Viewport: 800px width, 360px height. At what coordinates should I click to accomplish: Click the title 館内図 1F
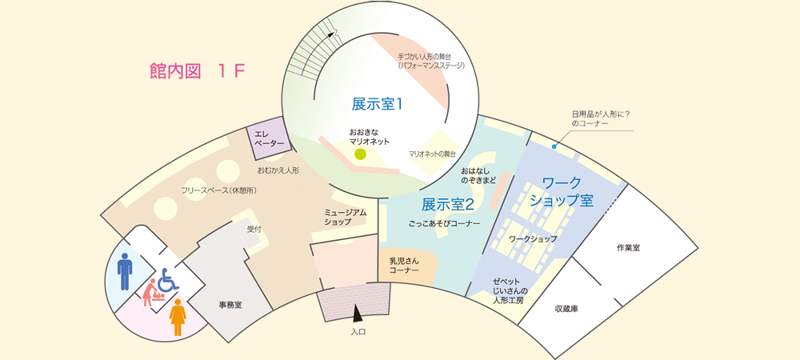[x=197, y=71]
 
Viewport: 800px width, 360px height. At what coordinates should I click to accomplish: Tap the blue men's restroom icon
[x=125, y=271]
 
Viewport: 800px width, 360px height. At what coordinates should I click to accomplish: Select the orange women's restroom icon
[x=178, y=318]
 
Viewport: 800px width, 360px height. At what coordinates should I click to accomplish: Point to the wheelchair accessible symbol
[x=168, y=279]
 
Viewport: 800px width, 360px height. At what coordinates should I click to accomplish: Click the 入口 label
[x=358, y=331]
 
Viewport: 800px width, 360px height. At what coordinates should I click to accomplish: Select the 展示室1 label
[x=376, y=103]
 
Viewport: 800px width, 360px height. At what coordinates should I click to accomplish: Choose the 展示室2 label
[x=448, y=204]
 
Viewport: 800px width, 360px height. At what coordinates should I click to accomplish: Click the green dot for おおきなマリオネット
[x=360, y=154]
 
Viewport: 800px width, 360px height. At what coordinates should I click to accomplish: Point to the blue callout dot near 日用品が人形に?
[x=554, y=146]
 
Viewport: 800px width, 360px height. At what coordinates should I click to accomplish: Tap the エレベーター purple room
[x=270, y=138]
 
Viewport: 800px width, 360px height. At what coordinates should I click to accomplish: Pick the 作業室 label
[x=628, y=248]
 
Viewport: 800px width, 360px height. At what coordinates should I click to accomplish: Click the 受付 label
[x=254, y=229]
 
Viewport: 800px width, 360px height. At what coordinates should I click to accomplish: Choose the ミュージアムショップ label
[x=345, y=217]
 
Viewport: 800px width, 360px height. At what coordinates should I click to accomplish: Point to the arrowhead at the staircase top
[x=333, y=32]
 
